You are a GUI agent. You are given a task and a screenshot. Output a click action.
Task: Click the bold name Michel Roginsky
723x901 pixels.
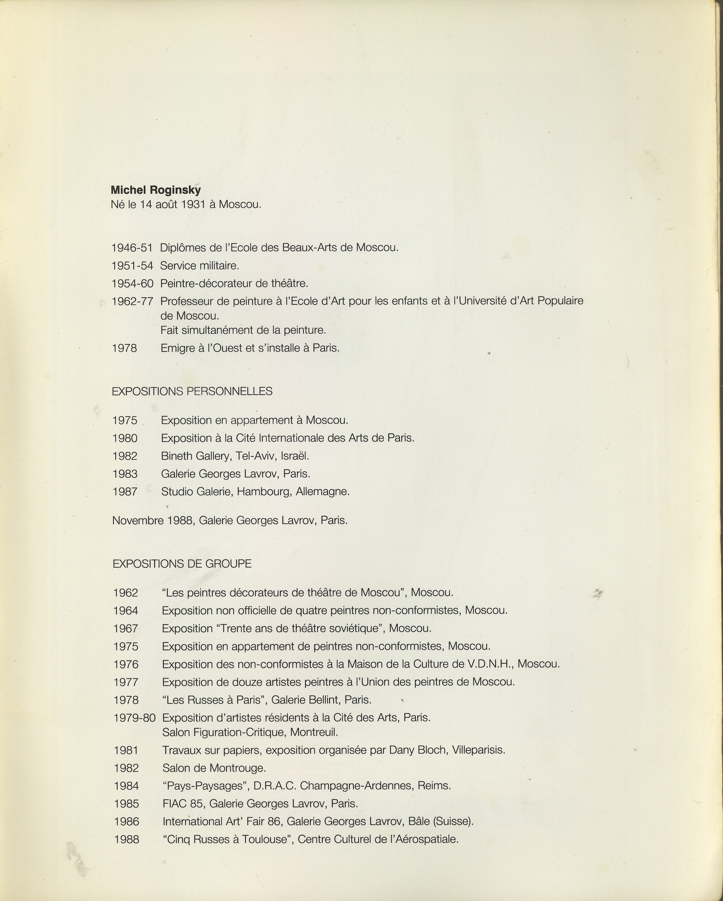(155, 190)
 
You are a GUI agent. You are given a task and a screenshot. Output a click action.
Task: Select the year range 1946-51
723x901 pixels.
(132, 248)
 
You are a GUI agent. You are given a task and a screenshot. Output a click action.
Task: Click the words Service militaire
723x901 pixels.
(199, 266)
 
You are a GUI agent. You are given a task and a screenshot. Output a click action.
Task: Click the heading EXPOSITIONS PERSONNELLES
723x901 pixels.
(192, 392)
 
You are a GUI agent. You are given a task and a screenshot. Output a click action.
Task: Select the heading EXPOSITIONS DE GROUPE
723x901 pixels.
(182, 564)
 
